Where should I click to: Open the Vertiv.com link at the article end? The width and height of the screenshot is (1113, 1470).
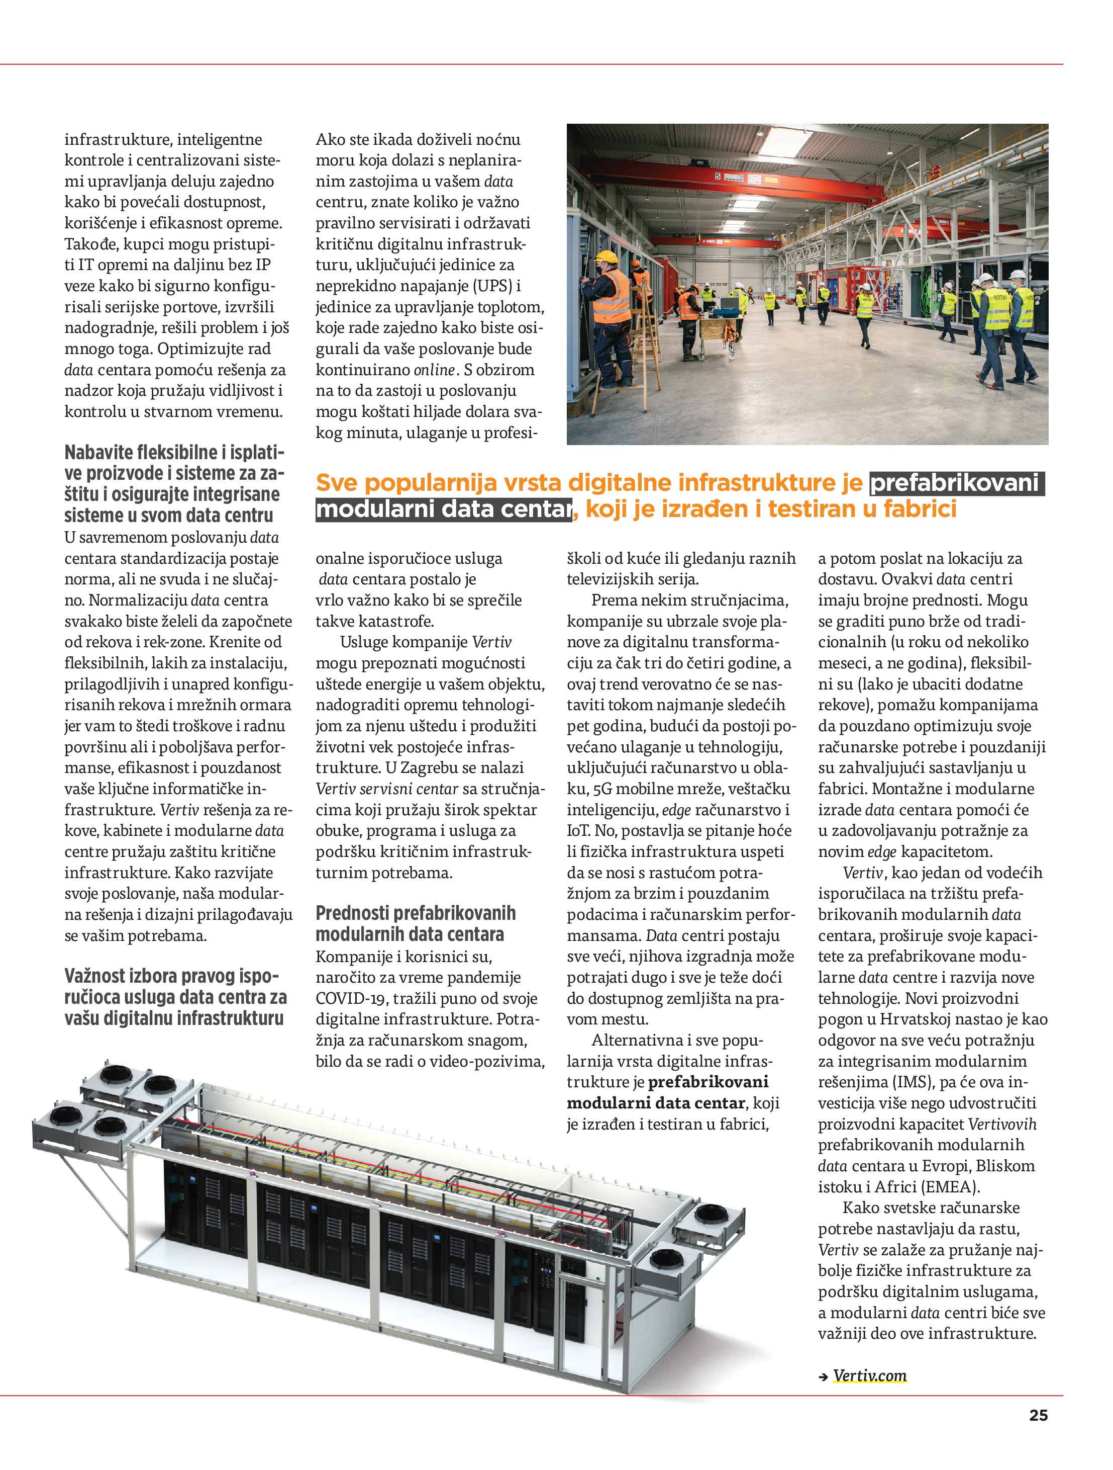(869, 1375)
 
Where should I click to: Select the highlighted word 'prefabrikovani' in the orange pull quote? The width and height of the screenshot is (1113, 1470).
(954, 483)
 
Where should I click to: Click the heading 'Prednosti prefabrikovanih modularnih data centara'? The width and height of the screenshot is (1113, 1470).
(415, 924)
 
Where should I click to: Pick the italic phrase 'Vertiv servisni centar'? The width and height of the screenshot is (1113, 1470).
(387, 789)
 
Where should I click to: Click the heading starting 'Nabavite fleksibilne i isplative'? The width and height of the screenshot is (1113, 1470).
(173, 483)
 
